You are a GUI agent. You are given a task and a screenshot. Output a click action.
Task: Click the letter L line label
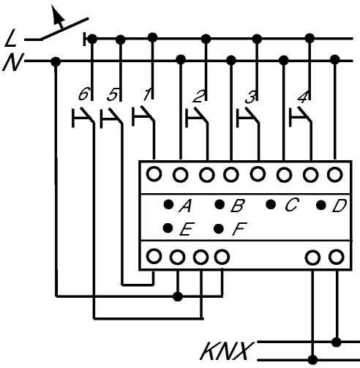click(x=11, y=38)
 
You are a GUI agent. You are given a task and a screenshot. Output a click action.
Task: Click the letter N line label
click(x=13, y=62)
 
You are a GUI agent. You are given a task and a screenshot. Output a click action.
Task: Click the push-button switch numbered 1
click(x=143, y=116)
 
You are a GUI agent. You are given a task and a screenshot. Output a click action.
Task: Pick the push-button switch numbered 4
click(x=300, y=116)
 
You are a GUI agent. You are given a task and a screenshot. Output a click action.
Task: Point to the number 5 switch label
click(x=113, y=95)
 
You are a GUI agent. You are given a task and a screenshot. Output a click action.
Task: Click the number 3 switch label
click(x=251, y=97)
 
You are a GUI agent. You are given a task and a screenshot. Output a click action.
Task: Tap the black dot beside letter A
click(x=168, y=204)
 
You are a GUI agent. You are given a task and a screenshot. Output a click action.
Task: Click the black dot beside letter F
click(x=219, y=228)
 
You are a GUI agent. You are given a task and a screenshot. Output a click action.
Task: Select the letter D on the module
click(x=339, y=206)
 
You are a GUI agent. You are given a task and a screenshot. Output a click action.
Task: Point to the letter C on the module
click(x=291, y=204)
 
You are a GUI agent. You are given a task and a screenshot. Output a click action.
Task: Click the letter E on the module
click(x=187, y=229)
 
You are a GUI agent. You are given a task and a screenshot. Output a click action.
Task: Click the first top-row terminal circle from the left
click(x=154, y=174)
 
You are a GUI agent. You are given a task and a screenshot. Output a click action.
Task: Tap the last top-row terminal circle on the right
click(x=335, y=175)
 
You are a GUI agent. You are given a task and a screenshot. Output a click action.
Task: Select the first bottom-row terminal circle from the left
click(x=154, y=256)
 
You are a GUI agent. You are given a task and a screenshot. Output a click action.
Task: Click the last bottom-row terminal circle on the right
click(x=337, y=257)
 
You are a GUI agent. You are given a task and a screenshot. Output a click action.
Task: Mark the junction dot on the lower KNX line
click(x=312, y=360)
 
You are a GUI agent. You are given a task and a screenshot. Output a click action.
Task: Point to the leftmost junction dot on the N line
click(x=56, y=61)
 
